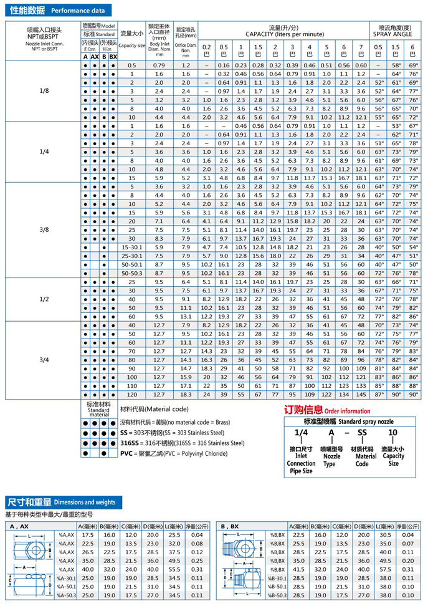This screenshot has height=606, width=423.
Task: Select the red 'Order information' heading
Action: pyautogui.click(x=327, y=410)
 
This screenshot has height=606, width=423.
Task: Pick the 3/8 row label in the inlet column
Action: pyautogui.click(x=44, y=229)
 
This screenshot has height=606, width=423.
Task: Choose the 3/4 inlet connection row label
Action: pyautogui.click(x=44, y=360)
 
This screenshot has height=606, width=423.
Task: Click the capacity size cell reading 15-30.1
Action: pyautogui.click(x=131, y=247)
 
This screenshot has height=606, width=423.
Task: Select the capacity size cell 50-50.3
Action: pyautogui.click(x=131, y=273)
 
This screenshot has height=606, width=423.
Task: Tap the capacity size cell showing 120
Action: pyautogui.click(x=131, y=395)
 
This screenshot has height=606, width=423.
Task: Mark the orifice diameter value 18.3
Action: pyautogui.click(x=186, y=395)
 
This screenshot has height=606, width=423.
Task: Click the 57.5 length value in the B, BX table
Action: pyautogui.click(x=385, y=569)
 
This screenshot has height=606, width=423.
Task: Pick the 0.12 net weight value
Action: pyautogui.click(x=197, y=552)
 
